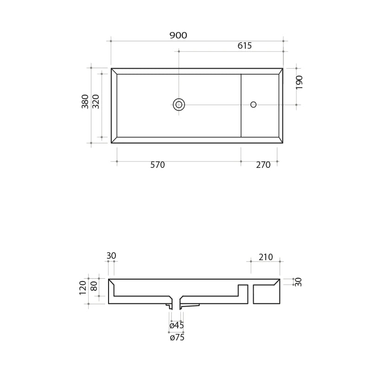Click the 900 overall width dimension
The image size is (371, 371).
click(x=178, y=36)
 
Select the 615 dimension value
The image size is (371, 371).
click(x=244, y=46)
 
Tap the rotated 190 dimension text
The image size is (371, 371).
click(x=300, y=82)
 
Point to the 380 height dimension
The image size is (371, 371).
click(x=85, y=101)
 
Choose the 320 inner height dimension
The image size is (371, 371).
click(x=96, y=101)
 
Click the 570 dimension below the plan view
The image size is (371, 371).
click(x=158, y=165)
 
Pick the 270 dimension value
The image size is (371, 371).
click(x=263, y=165)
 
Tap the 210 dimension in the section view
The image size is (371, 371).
click(x=266, y=257)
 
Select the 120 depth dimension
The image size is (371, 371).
click(x=83, y=288)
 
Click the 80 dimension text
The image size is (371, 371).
click(x=94, y=286)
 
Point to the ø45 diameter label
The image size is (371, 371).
click(x=177, y=326)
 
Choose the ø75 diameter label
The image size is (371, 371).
click(x=177, y=338)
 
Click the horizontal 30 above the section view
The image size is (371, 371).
click(x=111, y=256)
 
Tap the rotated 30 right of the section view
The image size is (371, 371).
click(x=299, y=281)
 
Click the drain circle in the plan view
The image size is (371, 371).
click(x=179, y=104)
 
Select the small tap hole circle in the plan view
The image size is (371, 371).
click(x=253, y=104)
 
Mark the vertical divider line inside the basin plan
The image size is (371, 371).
click(x=241, y=116)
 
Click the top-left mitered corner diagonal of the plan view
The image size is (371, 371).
click(x=114, y=71)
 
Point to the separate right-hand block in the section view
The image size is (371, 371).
click(x=266, y=294)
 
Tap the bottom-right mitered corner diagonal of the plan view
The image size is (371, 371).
click(x=281, y=140)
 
